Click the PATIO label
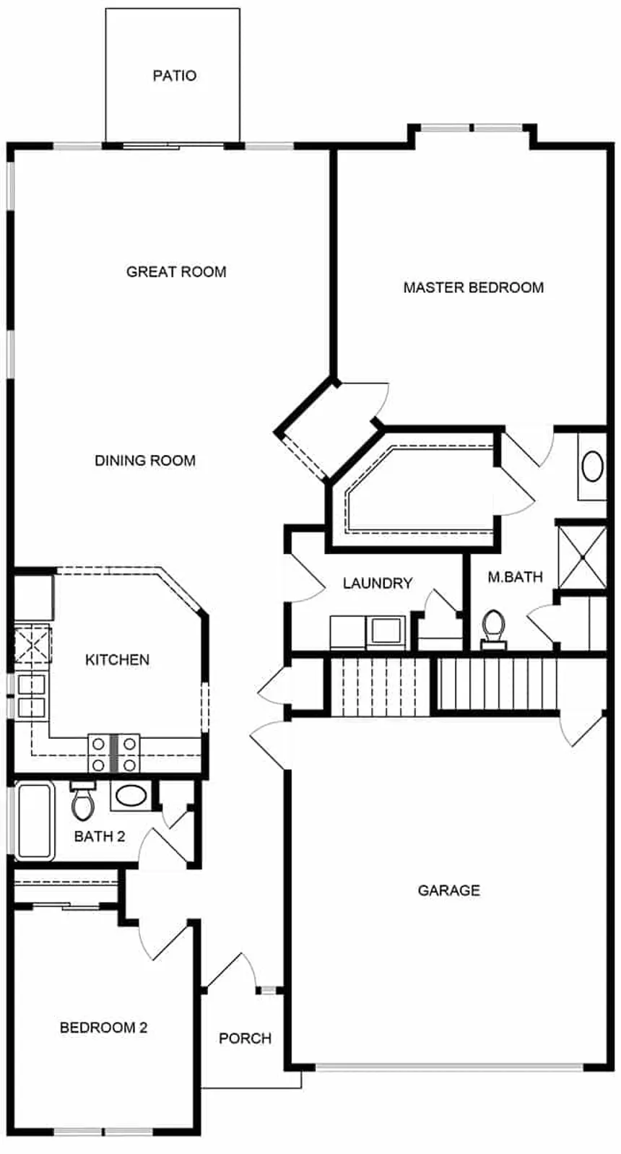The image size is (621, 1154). click(175, 76)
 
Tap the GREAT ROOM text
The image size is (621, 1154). click(176, 272)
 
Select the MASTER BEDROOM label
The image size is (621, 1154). click(473, 287)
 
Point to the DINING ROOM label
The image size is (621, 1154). click(145, 460)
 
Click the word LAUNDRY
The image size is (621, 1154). click(378, 583)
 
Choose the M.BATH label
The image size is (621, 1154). click(515, 577)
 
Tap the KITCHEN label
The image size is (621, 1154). click(118, 659)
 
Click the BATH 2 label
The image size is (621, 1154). click(100, 836)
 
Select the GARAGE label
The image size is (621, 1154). click(449, 890)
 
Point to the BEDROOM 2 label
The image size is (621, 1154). click(103, 1028)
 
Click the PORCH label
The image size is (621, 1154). click(245, 1038)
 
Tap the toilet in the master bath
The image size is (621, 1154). click(493, 629)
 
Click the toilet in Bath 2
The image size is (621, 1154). click(83, 801)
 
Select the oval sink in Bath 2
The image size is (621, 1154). click(131, 795)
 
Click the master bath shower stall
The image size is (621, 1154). click(583, 557)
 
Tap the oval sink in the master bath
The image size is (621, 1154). click(592, 467)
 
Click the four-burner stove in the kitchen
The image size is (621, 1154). click(114, 752)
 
